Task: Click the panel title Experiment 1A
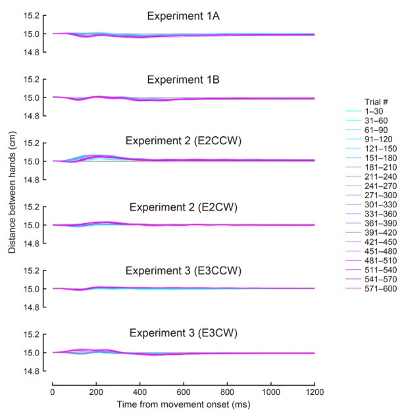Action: [x=184, y=16]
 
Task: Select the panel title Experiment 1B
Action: [x=184, y=80]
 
